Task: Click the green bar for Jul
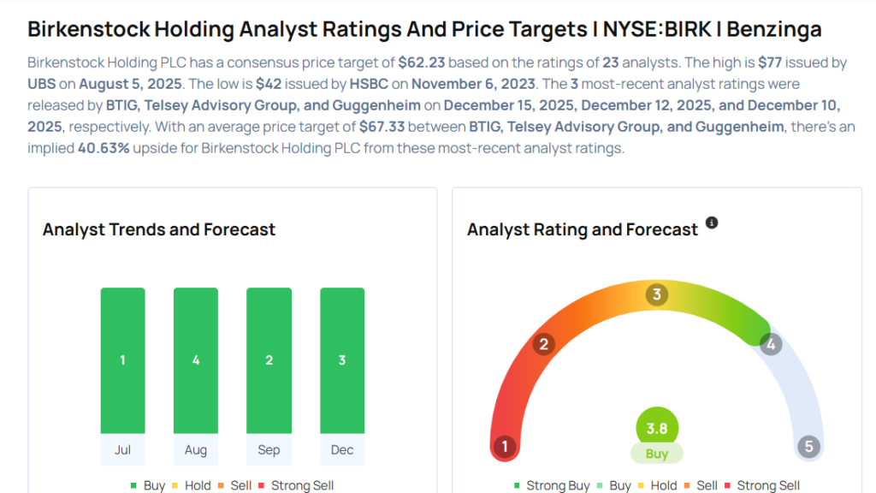point(122,360)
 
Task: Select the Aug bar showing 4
point(196,360)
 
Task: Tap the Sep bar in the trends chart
point(269,360)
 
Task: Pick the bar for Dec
point(342,360)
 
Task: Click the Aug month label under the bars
point(196,450)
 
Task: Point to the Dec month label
point(342,450)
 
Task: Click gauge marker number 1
point(506,447)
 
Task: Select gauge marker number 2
point(542,344)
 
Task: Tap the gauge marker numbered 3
point(656,295)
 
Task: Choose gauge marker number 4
point(771,344)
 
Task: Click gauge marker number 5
point(808,447)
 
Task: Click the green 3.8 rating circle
point(656,427)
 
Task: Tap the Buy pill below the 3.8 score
point(656,454)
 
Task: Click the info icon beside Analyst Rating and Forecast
point(712,223)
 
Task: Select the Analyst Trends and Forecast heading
point(159,229)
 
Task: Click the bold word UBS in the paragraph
point(43,84)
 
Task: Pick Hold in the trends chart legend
point(198,485)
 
